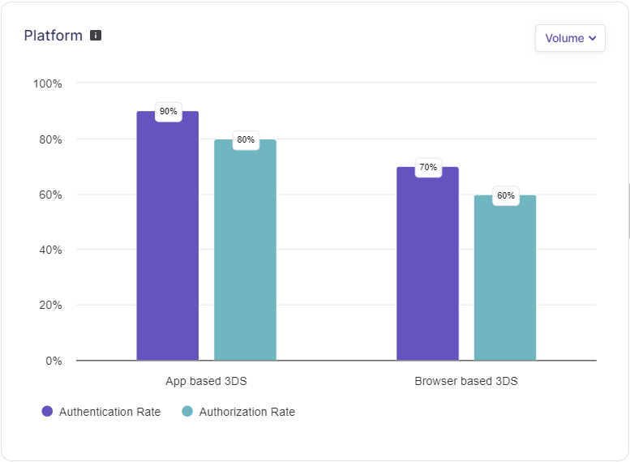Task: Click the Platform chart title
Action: click(x=53, y=36)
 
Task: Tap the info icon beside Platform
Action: click(x=96, y=36)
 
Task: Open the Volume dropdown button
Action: click(x=570, y=38)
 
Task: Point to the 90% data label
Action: click(x=169, y=111)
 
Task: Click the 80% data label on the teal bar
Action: click(x=246, y=139)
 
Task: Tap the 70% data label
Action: click(x=428, y=167)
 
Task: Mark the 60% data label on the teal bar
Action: click(x=506, y=195)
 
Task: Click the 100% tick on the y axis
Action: click(x=47, y=83)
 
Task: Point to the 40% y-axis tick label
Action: click(x=50, y=250)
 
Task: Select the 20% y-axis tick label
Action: click(x=50, y=306)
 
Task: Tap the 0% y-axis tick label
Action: click(x=54, y=361)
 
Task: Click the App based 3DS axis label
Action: click(x=206, y=381)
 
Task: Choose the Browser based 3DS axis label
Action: click(x=466, y=381)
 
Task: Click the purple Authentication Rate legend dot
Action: click(x=47, y=412)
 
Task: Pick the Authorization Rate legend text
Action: click(x=247, y=412)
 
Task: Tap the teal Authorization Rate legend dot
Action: click(x=187, y=412)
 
